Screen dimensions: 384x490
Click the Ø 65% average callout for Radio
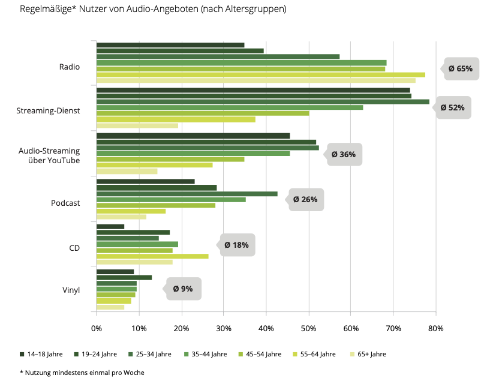[x=459, y=69]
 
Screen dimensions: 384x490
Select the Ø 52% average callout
[x=452, y=108]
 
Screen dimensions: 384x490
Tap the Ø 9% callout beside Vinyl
[x=183, y=289]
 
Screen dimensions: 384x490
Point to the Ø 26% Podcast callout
[x=306, y=200]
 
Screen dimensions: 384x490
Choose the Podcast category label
[x=65, y=203]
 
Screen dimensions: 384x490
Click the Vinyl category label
[x=71, y=292]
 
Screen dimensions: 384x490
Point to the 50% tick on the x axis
[x=309, y=329]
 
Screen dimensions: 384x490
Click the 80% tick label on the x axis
[x=435, y=329]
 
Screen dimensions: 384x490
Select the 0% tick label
[x=97, y=329]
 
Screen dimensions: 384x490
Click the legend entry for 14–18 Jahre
[x=43, y=354]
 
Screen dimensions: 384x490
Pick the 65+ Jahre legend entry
[x=369, y=354]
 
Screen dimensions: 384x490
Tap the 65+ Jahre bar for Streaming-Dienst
[x=137, y=125]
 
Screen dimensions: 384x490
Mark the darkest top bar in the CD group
[x=110, y=226]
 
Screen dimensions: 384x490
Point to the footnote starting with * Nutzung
[x=82, y=373]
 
